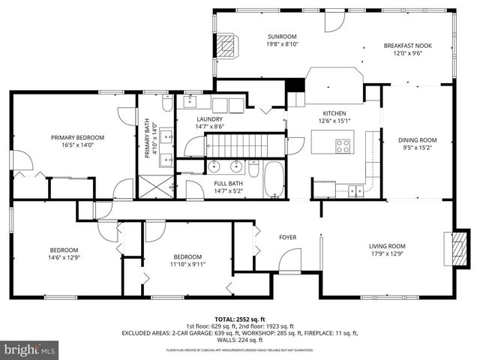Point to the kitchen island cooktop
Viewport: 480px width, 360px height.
[343, 146]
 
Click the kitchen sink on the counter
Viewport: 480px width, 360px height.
[352, 190]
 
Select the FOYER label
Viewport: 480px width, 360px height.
[287, 238]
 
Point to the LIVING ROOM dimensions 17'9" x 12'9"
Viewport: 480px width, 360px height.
[386, 253]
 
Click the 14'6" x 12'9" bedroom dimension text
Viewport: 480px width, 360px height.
[64, 258]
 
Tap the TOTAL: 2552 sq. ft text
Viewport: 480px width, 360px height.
[240, 319]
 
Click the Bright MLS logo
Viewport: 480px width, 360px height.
[30, 349]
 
